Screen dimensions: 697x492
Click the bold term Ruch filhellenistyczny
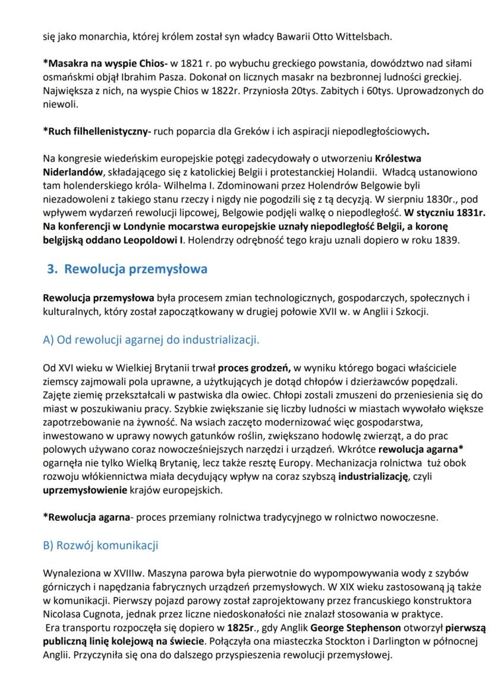(x=97, y=132)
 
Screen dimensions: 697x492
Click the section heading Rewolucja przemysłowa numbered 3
(x=127, y=269)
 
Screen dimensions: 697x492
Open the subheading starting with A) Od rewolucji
(x=152, y=340)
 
